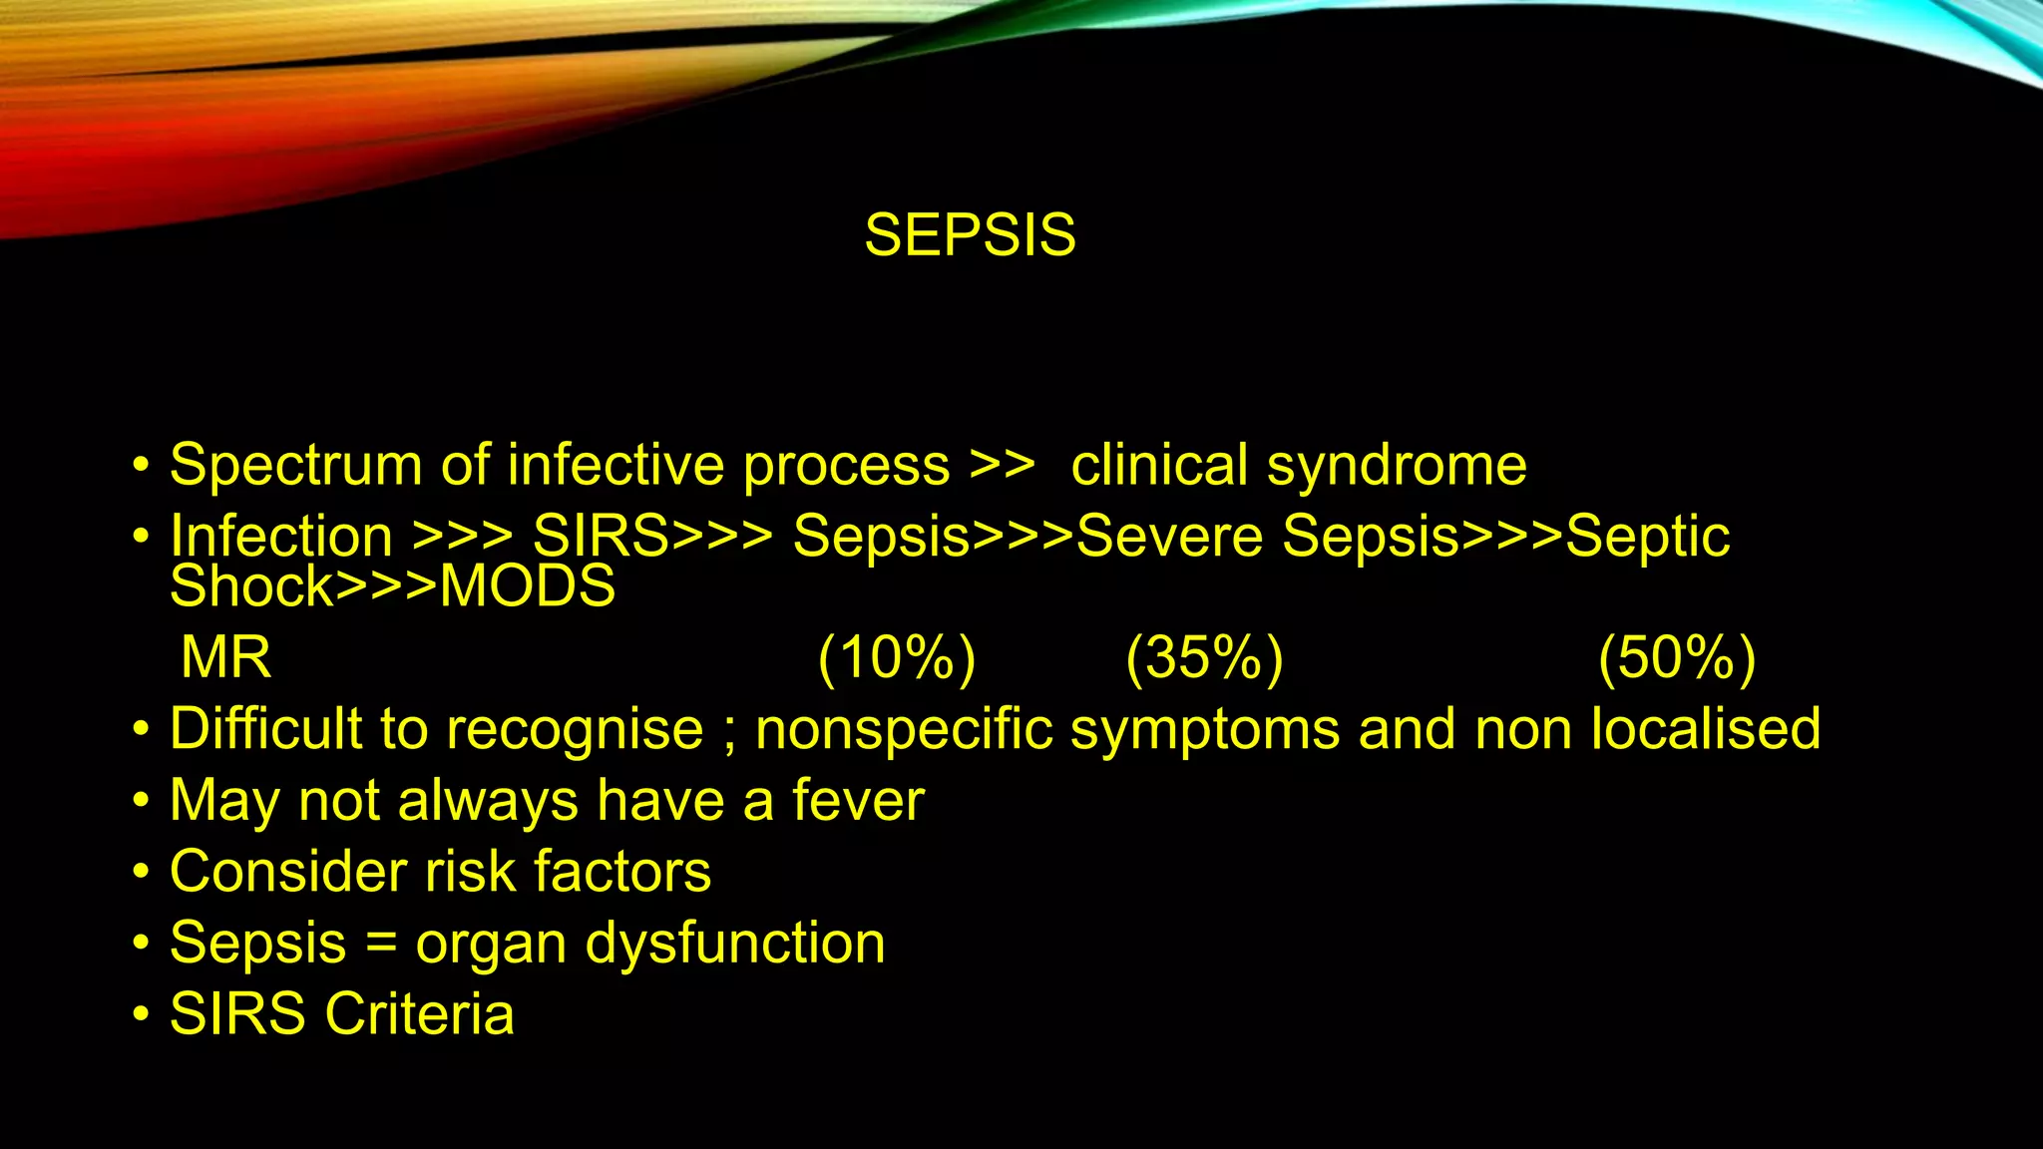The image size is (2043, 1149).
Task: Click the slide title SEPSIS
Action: click(970, 236)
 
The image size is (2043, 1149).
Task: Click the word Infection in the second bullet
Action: click(281, 537)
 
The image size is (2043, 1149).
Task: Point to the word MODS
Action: click(528, 586)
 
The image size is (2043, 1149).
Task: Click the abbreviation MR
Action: click(226, 658)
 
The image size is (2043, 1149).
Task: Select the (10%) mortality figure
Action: click(896, 658)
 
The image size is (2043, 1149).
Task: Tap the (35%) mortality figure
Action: click(1204, 658)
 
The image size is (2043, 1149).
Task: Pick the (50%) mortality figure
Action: click(1676, 658)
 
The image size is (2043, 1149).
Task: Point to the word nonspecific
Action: click(904, 729)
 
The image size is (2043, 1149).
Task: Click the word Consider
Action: click(288, 872)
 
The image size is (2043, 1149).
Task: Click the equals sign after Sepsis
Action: click(381, 944)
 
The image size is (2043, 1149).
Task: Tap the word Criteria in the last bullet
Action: click(420, 1014)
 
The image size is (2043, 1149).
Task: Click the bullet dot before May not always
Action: click(142, 801)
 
